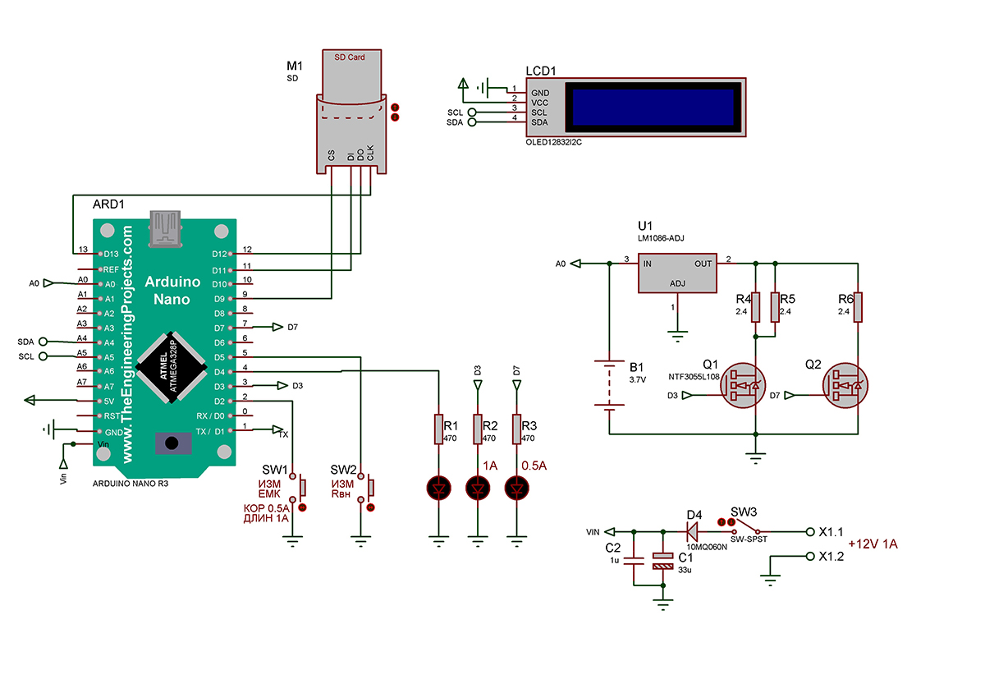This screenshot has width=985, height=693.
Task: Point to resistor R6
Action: point(857,306)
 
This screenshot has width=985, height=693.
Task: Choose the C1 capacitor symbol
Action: point(662,562)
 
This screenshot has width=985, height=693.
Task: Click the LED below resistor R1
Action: point(438,489)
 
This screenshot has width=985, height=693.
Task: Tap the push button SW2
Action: point(368,488)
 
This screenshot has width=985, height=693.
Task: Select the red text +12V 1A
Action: point(873,544)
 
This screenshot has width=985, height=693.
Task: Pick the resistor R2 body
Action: point(478,428)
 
